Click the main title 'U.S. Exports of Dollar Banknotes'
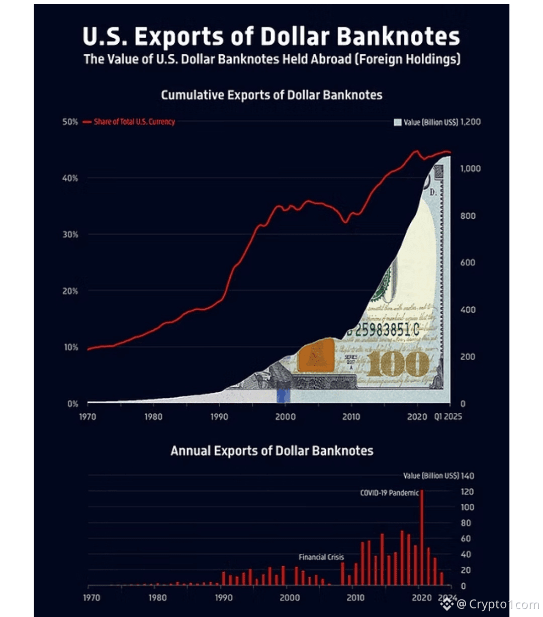[271, 36]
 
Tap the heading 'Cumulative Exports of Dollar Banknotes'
[271, 95]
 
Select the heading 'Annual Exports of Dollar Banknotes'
[271, 451]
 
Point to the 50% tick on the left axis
[70, 122]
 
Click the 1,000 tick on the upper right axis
[470, 169]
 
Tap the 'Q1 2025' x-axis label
[448, 416]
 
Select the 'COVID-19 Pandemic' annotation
[389, 493]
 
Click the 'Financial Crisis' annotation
[321, 557]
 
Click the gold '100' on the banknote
[398, 365]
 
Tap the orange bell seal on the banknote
[316, 356]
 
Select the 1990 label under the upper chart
[219, 416]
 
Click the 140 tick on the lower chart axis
[467, 476]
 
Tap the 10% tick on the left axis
[71, 347]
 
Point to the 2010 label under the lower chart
[355, 597]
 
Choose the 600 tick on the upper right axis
[468, 262]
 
